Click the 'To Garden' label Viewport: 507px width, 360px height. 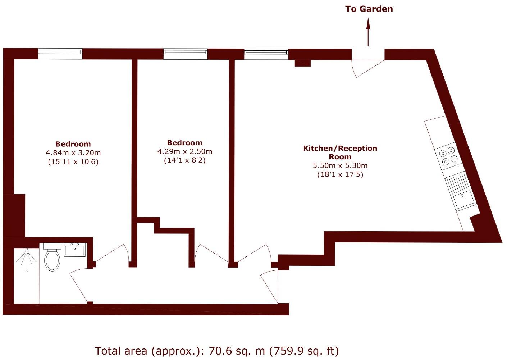369,9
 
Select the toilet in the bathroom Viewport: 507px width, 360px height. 52,258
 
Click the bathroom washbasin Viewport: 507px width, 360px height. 75,250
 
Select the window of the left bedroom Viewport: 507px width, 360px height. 60,54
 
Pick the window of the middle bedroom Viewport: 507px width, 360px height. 186,54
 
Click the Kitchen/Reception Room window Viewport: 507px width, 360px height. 266,54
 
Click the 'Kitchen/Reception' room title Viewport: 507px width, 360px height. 340,148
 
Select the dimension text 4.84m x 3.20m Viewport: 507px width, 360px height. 73,153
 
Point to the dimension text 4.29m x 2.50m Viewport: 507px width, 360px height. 185,151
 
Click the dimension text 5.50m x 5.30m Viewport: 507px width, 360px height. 340,166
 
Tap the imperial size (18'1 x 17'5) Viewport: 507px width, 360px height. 340,175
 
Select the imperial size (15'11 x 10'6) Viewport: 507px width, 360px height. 73,162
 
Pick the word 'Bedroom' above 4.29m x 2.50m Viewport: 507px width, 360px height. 185,143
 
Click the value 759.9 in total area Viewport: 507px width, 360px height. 288,350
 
